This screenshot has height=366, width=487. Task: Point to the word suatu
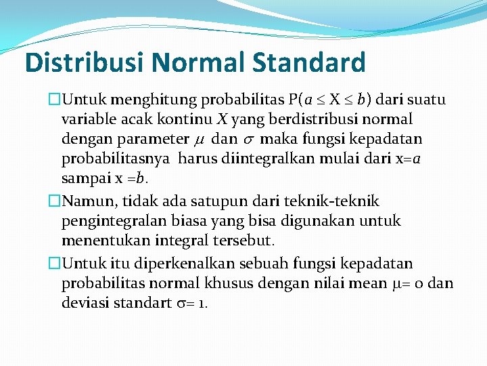click(425, 100)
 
